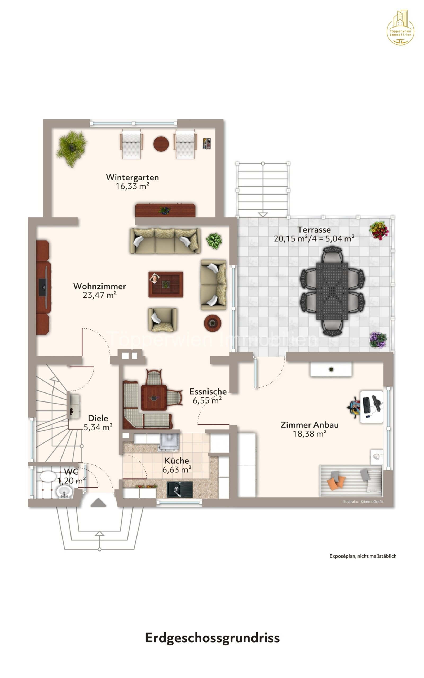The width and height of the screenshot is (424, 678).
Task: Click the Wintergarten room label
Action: (x=132, y=177)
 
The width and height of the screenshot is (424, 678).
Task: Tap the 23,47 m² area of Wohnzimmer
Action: (x=100, y=295)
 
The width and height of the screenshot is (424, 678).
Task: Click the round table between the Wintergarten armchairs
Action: (x=161, y=144)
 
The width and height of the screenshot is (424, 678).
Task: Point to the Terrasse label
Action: (x=314, y=230)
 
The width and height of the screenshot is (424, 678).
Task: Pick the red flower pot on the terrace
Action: (x=379, y=230)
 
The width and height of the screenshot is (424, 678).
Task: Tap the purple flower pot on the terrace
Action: (x=378, y=340)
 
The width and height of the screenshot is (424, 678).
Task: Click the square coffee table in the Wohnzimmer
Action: (x=166, y=284)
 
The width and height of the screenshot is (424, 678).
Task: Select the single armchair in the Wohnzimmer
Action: (x=163, y=320)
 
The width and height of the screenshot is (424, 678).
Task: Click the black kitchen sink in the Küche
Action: (x=179, y=489)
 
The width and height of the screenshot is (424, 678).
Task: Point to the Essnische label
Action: (x=208, y=391)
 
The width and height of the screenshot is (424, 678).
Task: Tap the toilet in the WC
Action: (x=48, y=476)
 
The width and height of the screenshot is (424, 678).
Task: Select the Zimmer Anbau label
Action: (x=309, y=425)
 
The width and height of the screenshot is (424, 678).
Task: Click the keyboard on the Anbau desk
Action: (x=366, y=405)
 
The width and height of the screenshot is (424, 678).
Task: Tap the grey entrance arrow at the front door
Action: (x=98, y=503)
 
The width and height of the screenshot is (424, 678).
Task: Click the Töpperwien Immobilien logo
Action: (x=400, y=28)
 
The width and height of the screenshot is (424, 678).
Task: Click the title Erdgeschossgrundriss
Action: (x=212, y=638)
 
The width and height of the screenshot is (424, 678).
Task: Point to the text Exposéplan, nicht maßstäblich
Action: (x=363, y=556)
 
